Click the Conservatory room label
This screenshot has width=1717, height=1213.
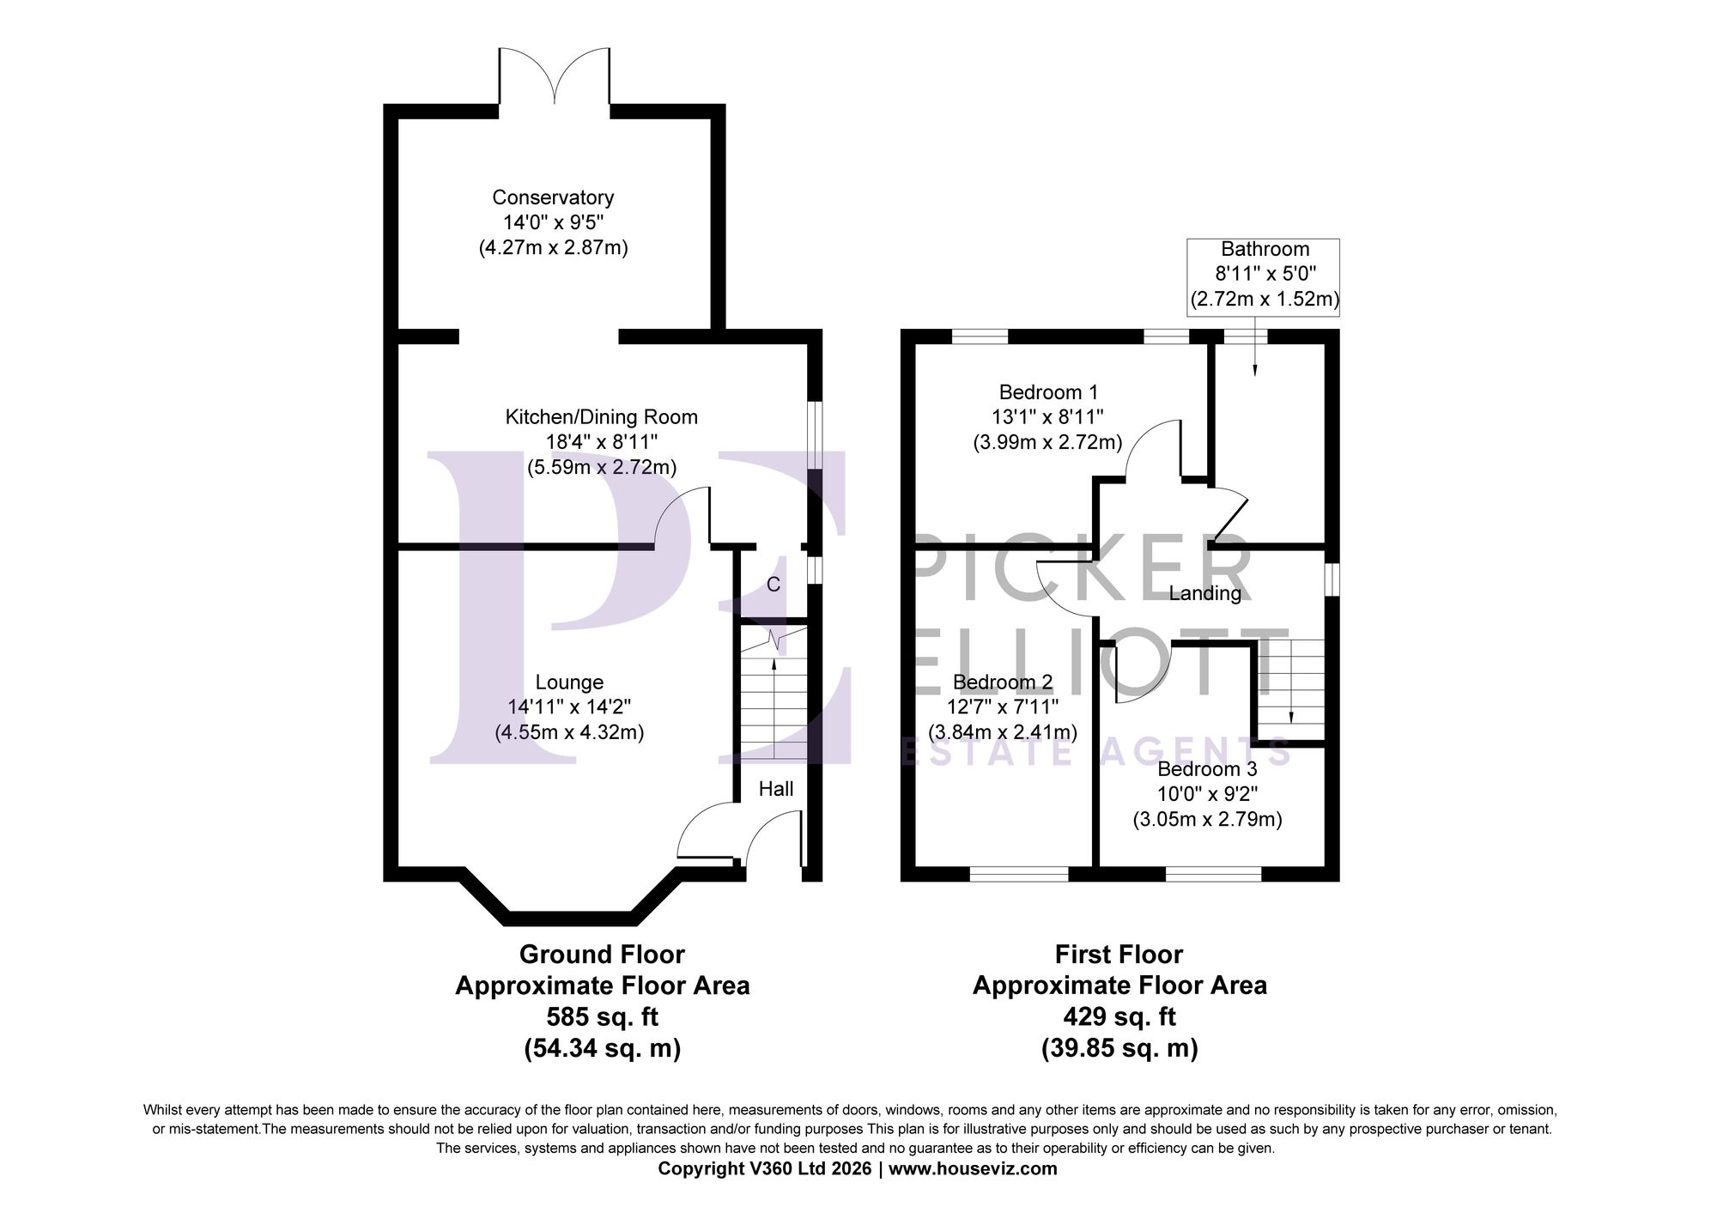[x=553, y=197]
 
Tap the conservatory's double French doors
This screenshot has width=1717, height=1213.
[x=555, y=82]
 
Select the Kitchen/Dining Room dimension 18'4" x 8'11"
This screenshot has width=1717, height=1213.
[x=602, y=442]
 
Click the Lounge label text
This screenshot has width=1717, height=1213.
[x=569, y=682]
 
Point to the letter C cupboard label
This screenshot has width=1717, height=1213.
[x=773, y=585]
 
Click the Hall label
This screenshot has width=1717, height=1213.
[x=775, y=789]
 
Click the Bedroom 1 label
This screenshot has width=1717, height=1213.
[x=1048, y=392]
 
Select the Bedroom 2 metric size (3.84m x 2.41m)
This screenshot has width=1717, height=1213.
[x=1003, y=732]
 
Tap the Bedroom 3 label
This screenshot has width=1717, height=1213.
[x=1207, y=769]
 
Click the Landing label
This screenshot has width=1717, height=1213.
[x=1204, y=593]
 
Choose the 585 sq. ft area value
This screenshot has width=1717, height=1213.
[x=602, y=1017]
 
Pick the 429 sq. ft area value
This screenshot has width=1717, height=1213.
[x=1119, y=1017]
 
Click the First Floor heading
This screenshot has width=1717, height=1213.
[x=1119, y=955]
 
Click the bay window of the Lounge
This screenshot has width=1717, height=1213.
[x=570, y=918]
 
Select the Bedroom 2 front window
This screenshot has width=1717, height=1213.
[x=1019, y=874]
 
